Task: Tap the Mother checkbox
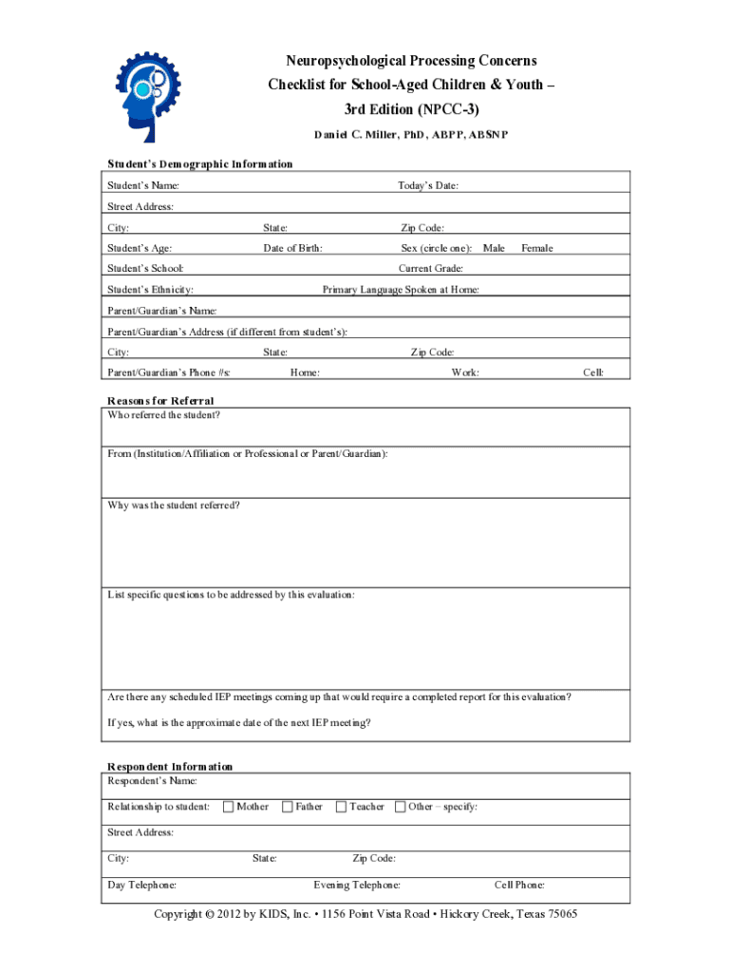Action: (x=228, y=807)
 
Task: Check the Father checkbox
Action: (x=287, y=807)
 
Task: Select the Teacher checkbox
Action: (x=341, y=807)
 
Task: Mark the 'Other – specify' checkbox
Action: (x=400, y=807)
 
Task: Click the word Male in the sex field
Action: (x=494, y=248)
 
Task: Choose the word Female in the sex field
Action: (x=536, y=248)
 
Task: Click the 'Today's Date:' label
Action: (x=428, y=185)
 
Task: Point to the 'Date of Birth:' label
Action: (x=292, y=248)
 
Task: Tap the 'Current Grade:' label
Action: (x=431, y=269)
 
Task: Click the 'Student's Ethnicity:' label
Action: (x=151, y=289)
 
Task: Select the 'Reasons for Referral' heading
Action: (x=160, y=401)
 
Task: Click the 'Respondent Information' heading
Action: (x=170, y=766)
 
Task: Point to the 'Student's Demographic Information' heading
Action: (x=199, y=163)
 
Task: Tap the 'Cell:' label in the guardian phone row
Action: (x=592, y=372)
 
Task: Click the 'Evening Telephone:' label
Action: (x=357, y=885)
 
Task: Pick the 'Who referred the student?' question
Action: (x=164, y=415)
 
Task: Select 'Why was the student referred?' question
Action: (x=174, y=505)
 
